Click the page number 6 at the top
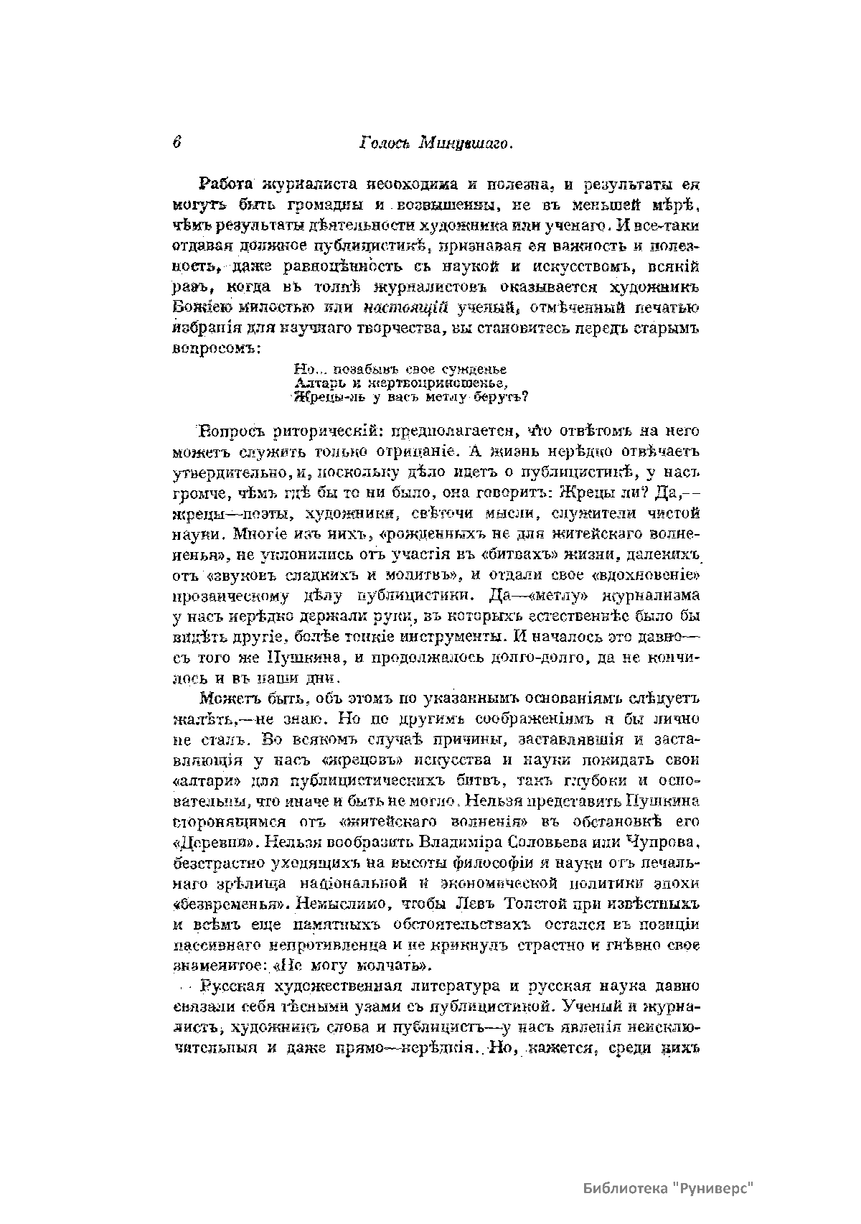tap(177, 142)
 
